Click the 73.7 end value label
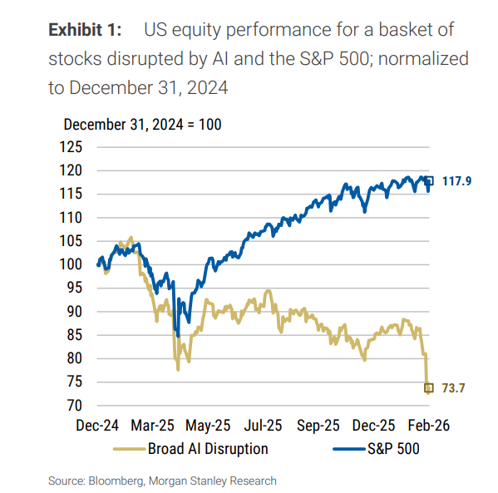click(454, 387)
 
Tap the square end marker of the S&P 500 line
click(429, 180)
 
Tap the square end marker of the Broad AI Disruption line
click(429, 387)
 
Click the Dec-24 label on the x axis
click(96, 426)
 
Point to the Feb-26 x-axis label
click(429, 426)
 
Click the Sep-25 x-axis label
click(318, 426)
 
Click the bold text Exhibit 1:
click(86, 31)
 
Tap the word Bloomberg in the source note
click(119, 481)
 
